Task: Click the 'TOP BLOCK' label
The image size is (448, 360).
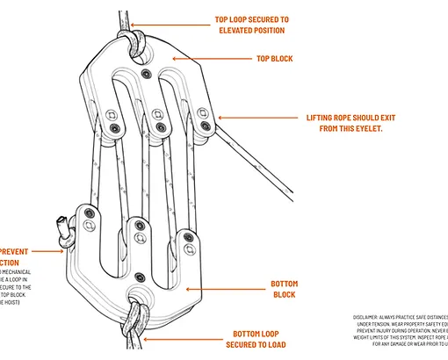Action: [x=274, y=59]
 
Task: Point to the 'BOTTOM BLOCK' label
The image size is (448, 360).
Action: [x=284, y=290]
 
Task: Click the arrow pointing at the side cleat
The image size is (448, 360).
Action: [x=52, y=251]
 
